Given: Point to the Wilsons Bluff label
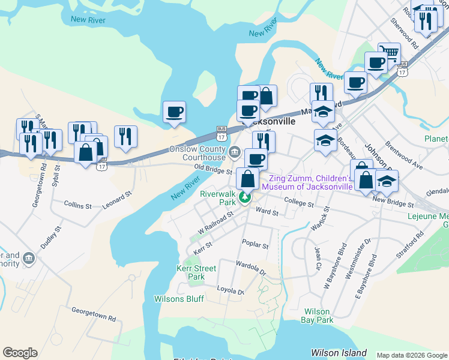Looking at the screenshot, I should [x=179, y=299].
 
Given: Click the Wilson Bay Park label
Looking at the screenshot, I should [x=318, y=316].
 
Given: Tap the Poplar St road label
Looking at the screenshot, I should [x=255, y=245].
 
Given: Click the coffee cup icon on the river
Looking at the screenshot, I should [x=175, y=112].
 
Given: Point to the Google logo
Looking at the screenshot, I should [x=20, y=353].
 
